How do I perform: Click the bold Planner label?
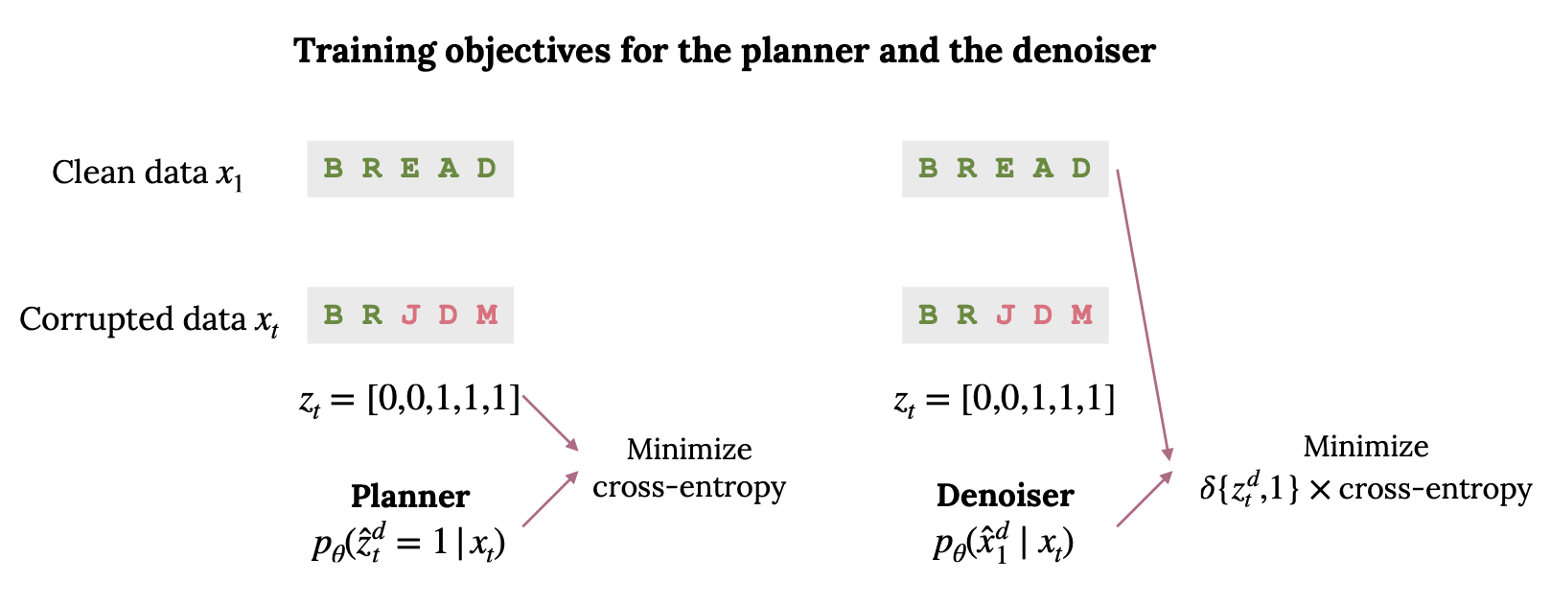click(x=409, y=497)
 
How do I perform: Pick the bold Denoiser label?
click(x=1005, y=496)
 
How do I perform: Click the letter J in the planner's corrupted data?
click(x=410, y=314)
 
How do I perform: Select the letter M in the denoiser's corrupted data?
click(x=1082, y=314)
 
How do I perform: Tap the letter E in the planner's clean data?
click(x=410, y=169)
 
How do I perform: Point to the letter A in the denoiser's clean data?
click(x=1043, y=169)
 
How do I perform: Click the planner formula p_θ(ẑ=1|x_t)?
click(x=409, y=544)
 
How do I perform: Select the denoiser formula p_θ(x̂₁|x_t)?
click(x=1004, y=543)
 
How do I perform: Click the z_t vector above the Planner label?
click(x=410, y=399)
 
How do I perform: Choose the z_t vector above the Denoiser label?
click(x=1005, y=399)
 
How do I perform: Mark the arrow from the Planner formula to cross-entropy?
click(x=550, y=500)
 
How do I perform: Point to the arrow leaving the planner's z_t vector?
click(x=550, y=422)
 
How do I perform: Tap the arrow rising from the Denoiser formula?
click(x=1145, y=499)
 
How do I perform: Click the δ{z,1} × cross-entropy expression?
click(x=1365, y=490)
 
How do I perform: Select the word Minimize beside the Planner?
click(x=688, y=450)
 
